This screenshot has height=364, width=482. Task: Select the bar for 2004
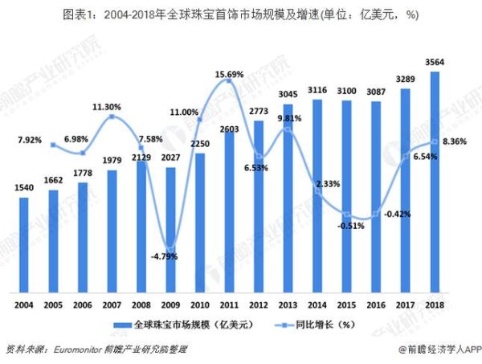pyautogui.click(x=24, y=245)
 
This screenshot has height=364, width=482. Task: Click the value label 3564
pyautogui.click(x=435, y=62)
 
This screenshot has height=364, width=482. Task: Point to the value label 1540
pyautogui.click(x=24, y=188)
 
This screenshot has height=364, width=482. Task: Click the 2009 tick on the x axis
pyautogui.click(x=170, y=303)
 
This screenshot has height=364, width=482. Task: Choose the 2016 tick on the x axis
pyautogui.click(x=376, y=303)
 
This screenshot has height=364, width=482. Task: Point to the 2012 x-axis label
pyautogui.click(x=259, y=303)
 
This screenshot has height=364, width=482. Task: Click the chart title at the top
pyautogui.click(x=241, y=14)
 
